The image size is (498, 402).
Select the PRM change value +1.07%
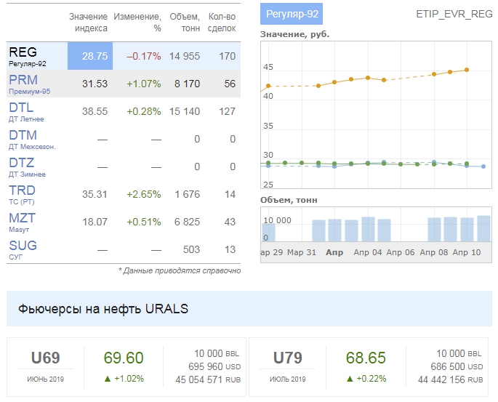(143, 84)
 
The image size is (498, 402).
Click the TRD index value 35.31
(95, 194)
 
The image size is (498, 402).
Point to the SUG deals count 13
(230, 249)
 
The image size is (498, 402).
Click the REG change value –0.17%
(143, 56)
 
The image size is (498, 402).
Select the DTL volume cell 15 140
(184, 111)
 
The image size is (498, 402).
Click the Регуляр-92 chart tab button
(291, 14)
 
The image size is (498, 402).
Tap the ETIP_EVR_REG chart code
(454, 14)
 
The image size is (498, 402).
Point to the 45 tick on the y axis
(268, 67)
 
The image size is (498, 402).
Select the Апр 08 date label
(434, 252)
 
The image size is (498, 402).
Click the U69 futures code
(45, 358)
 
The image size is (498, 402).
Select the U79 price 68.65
(366, 358)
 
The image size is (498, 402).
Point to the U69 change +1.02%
(123, 378)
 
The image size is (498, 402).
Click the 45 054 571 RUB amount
(207, 379)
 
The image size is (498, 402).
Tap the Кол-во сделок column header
(222, 22)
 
